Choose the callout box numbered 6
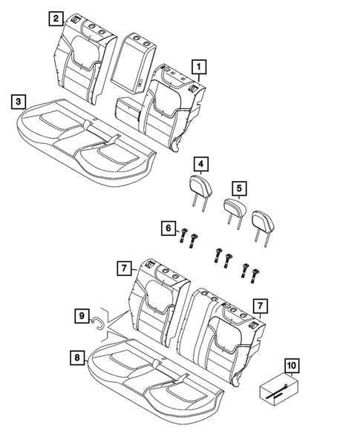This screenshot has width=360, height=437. coord(168,227)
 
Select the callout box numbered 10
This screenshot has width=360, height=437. coord(292,367)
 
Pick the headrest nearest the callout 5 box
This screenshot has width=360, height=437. coord(235,209)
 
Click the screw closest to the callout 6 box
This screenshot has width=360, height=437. coord(183,237)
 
